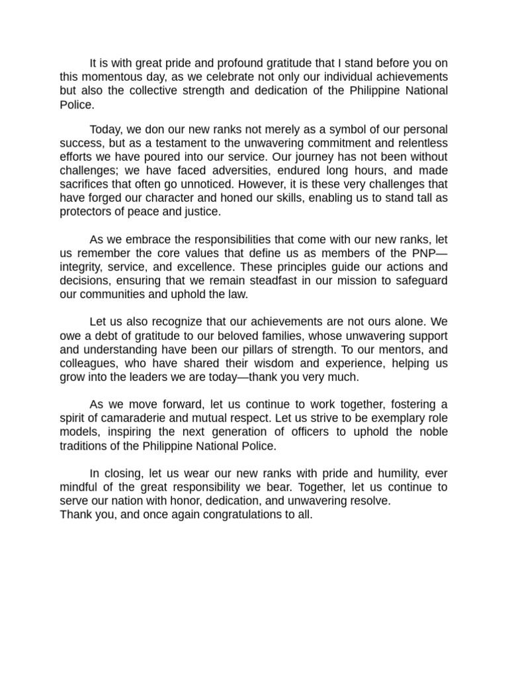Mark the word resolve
(x=368, y=501)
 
